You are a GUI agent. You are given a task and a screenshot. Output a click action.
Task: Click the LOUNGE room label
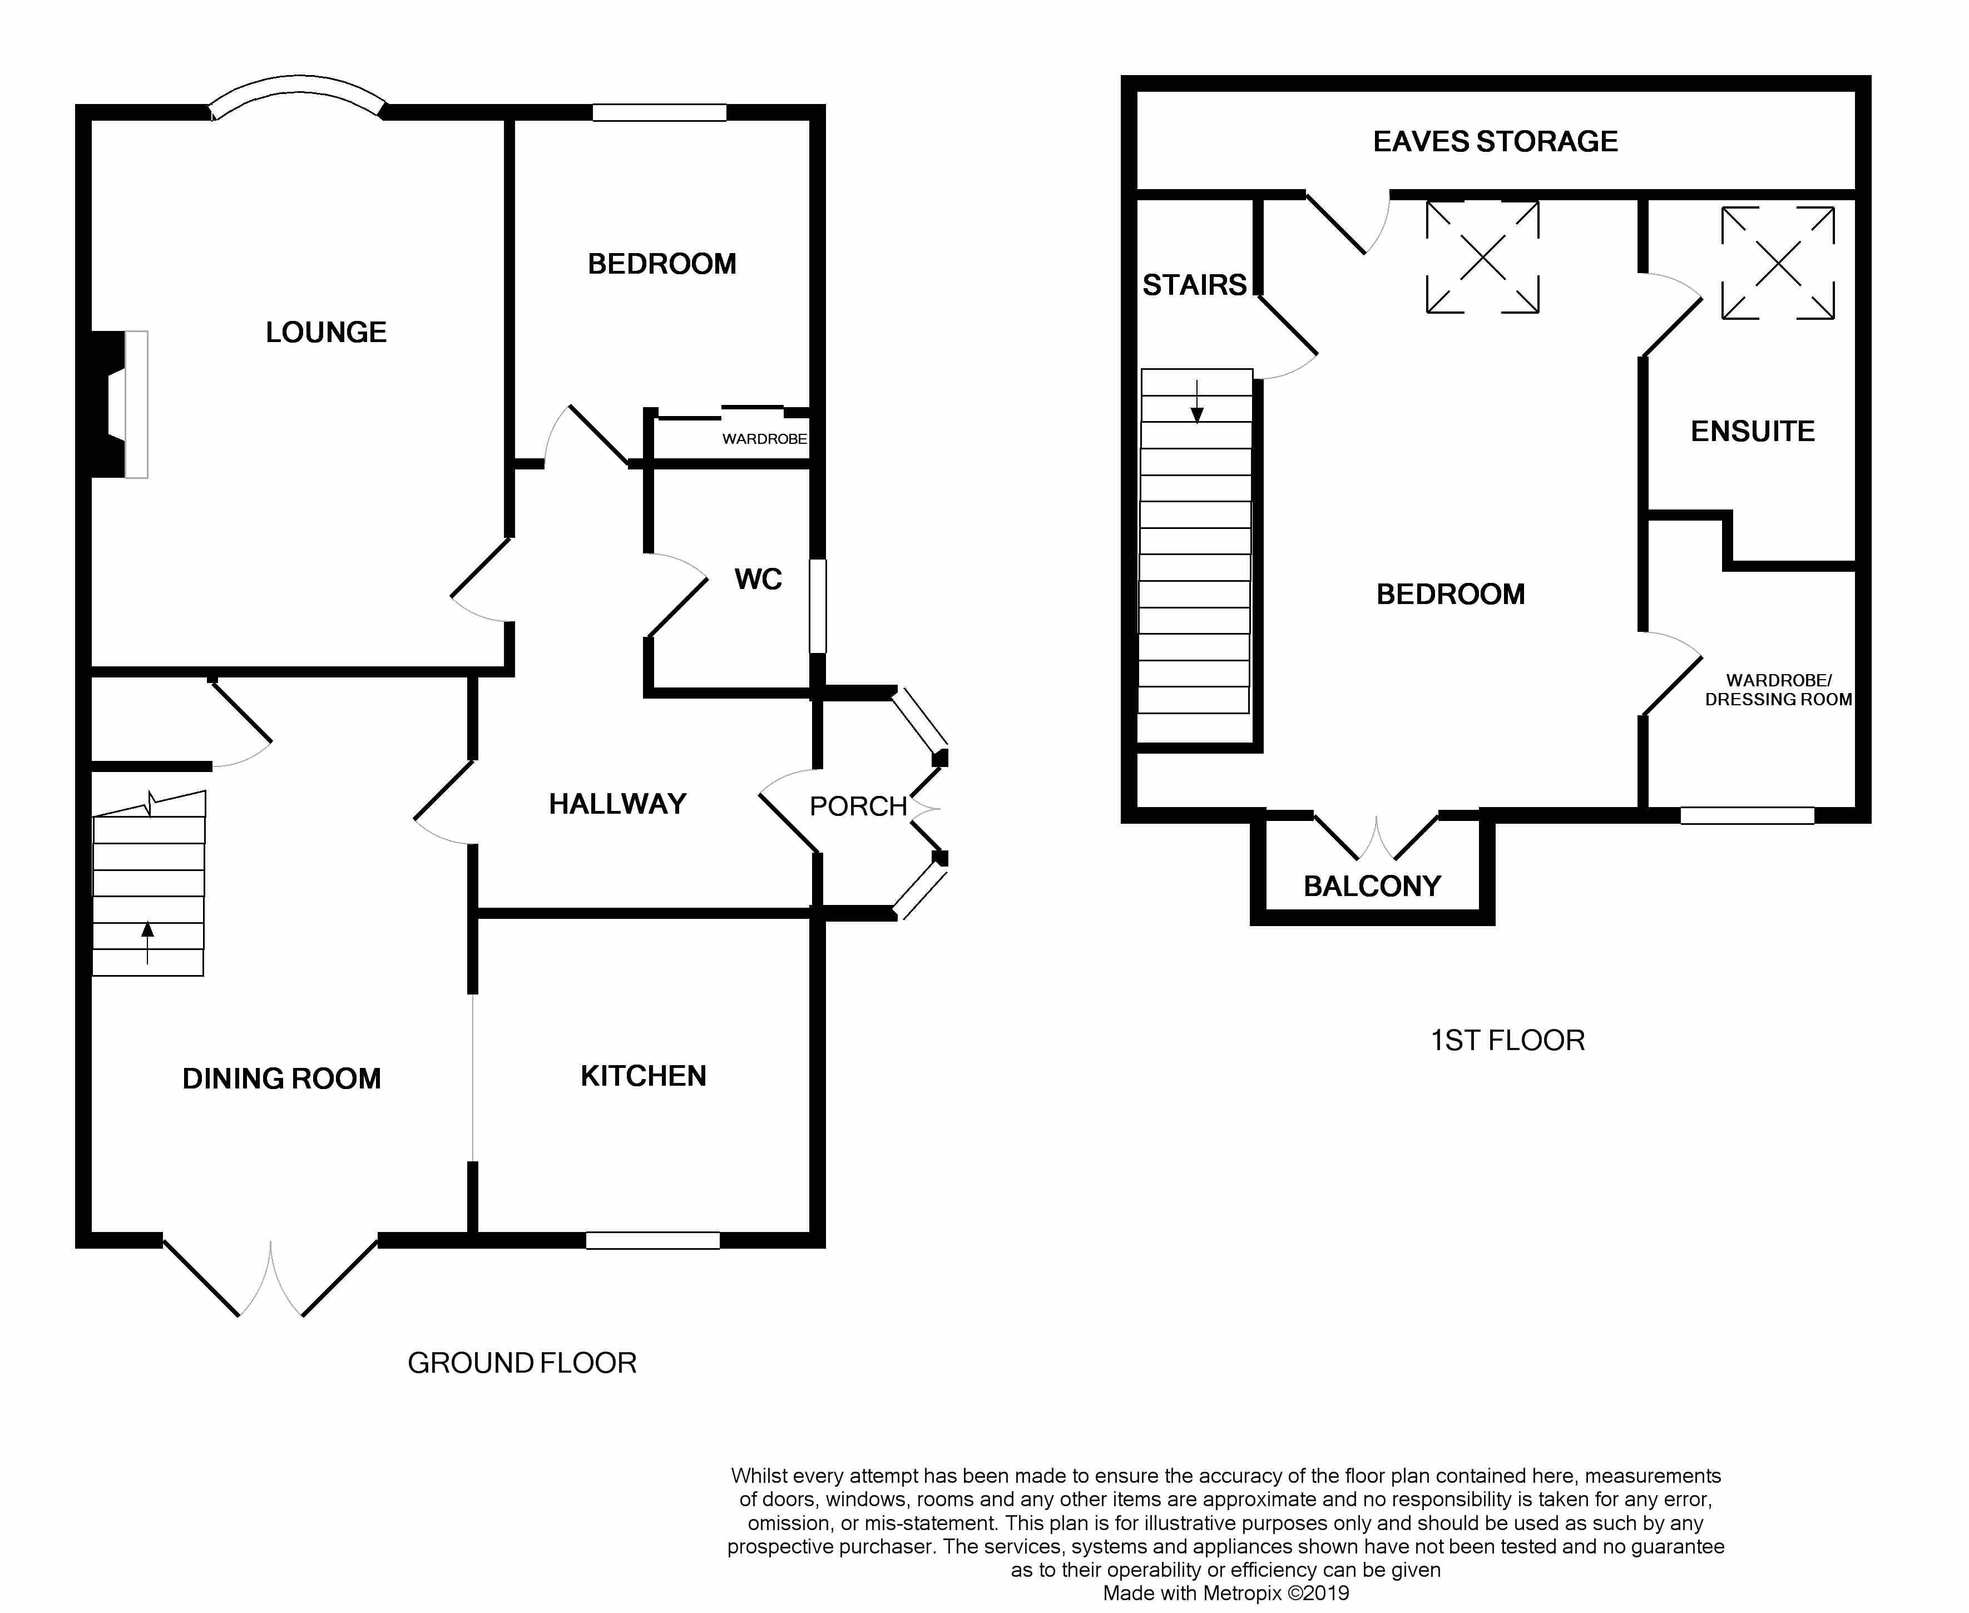[x=326, y=333]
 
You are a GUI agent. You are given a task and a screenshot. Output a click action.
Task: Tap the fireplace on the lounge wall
[x=119, y=404]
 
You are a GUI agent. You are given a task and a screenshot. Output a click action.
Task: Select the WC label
[x=758, y=580]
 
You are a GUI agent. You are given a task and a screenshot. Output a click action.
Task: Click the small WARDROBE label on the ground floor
[x=765, y=438]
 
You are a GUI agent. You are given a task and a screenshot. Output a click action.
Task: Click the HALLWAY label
[x=618, y=804]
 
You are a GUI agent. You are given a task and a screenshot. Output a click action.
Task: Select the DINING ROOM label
[x=281, y=1078]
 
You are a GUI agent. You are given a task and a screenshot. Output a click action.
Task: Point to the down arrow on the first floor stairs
[x=1197, y=402]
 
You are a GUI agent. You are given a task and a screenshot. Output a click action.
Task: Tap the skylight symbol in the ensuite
[x=1778, y=263]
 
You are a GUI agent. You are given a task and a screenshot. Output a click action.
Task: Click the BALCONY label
[x=1372, y=887]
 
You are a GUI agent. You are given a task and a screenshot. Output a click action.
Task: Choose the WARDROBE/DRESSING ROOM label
[x=1779, y=690]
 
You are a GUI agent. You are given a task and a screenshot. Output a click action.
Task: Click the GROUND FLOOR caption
[x=522, y=1363]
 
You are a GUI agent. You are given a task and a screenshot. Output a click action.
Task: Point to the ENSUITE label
[x=1753, y=431]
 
